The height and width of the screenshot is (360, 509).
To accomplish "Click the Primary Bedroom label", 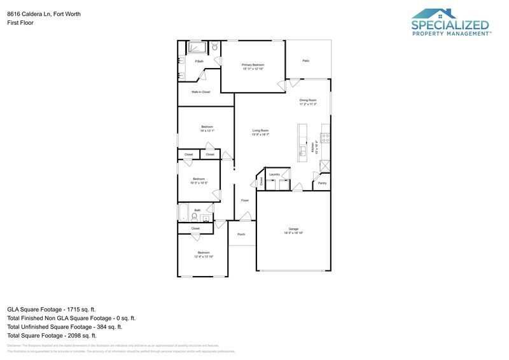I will (253, 65).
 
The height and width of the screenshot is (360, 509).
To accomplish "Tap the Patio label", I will (306, 60).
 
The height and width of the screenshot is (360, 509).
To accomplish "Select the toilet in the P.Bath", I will (215, 46).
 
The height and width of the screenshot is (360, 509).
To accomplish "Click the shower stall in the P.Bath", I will (197, 47).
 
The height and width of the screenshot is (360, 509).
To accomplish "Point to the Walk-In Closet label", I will (201, 92).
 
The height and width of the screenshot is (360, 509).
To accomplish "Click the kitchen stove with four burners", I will (325, 136).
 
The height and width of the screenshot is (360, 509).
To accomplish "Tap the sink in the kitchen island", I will (303, 150).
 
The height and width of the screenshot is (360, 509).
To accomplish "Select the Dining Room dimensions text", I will (308, 104).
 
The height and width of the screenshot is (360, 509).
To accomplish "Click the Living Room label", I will (260, 130).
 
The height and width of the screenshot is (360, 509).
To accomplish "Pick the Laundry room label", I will (275, 174).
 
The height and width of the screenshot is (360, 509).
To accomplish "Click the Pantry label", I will (322, 183).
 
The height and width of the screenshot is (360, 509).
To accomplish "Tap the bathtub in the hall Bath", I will (185, 212).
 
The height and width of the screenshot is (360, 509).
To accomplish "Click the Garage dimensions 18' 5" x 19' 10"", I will (294, 233).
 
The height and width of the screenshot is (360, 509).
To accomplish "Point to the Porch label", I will (241, 234).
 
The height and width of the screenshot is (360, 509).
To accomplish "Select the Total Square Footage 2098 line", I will (52, 335).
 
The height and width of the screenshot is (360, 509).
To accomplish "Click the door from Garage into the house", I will (296, 188).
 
